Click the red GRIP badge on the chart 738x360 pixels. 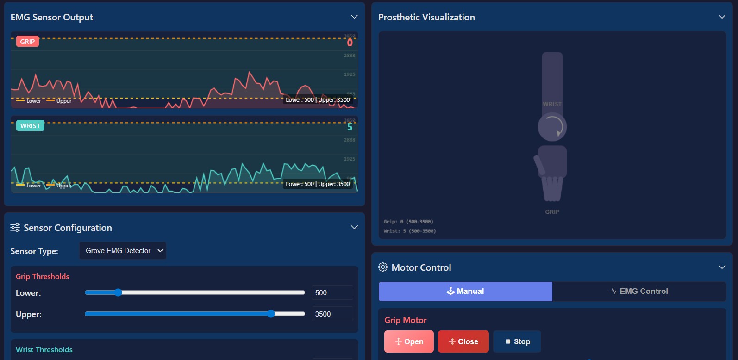click(x=27, y=42)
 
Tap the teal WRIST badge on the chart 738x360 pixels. click(x=30, y=126)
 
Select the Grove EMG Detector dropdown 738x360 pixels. click(x=123, y=251)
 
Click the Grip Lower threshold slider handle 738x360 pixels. click(x=118, y=292)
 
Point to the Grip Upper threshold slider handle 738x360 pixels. click(x=271, y=314)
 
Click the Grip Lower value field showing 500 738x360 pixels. click(x=331, y=292)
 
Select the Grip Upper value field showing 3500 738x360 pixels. click(x=331, y=314)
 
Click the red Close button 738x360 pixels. click(x=463, y=341)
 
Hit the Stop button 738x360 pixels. click(x=517, y=341)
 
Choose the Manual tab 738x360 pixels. click(x=465, y=291)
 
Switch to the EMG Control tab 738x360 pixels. click(x=639, y=291)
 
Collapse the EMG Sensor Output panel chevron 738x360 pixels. click(x=354, y=17)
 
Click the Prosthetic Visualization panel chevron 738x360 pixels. click(x=722, y=17)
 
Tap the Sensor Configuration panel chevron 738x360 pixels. click(x=354, y=227)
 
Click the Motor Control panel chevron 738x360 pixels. click(x=722, y=267)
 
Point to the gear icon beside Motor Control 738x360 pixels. click(x=383, y=267)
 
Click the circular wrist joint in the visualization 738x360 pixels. click(x=552, y=127)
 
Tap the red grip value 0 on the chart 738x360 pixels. click(x=350, y=43)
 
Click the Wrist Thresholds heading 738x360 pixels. click(x=44, y=349)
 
